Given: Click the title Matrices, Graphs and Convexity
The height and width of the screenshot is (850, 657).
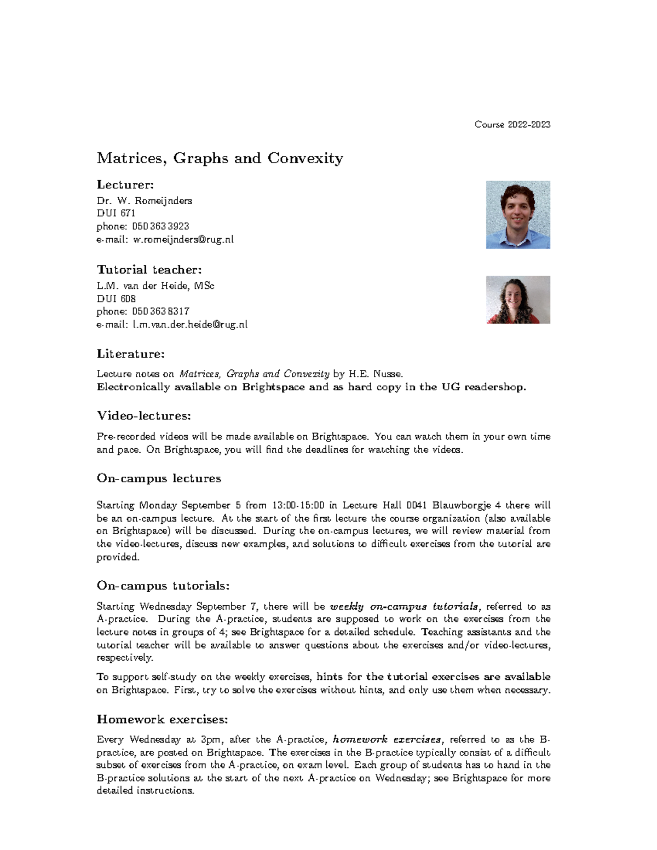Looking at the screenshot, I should [220, 159].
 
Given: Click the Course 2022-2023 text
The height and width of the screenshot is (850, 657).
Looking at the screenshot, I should [512, 125].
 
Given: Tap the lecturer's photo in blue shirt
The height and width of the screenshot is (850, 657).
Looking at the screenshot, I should [518, 215].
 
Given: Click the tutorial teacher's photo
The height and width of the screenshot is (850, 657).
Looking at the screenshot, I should [518, 299].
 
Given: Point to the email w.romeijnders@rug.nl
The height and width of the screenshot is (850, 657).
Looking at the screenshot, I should [183, 239].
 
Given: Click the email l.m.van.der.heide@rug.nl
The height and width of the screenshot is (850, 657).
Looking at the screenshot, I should [189, 325].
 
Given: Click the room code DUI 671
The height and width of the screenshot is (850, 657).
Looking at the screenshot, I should [116, 213].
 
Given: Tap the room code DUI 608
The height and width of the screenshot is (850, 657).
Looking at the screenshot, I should [116, 299].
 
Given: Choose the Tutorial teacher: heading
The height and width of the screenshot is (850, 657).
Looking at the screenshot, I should [149, 269].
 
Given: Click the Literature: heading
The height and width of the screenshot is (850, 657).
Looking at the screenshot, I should [131, 354].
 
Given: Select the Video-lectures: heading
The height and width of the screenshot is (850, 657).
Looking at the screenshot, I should [144, 416].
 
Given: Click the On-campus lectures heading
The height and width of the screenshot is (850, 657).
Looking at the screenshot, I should [159, 478].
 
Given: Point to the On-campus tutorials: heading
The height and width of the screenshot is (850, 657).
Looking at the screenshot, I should [163, 586].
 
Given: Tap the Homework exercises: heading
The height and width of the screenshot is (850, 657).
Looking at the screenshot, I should [162, 719].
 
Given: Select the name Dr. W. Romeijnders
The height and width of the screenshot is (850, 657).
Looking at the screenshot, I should [145, 201].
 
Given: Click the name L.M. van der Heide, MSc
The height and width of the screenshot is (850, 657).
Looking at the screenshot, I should [155, 286].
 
